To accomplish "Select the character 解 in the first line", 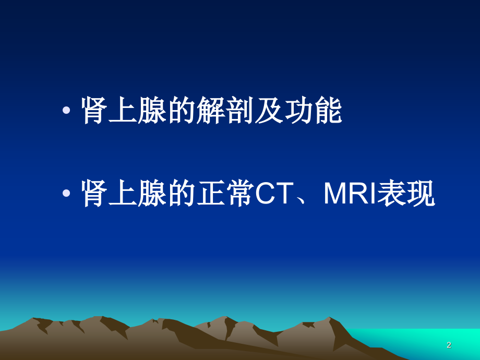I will (x=211, y=111).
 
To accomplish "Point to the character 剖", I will (x=241, y=111).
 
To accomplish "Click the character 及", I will (x=269, y=111).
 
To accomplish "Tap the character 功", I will (x=298, y=111).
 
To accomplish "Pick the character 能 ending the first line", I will (x=328, y=111).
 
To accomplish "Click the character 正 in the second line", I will (x=211, y=194).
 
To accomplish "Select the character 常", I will (x=241, y=194).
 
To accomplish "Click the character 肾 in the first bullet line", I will (x=95, y=111).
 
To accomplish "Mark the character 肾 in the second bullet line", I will (x=95, y=194).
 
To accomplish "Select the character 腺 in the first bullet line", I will (x=153, y=111).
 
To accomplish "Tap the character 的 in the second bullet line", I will (x=183, y=194).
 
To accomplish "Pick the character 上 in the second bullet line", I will (x=124, y=194).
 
